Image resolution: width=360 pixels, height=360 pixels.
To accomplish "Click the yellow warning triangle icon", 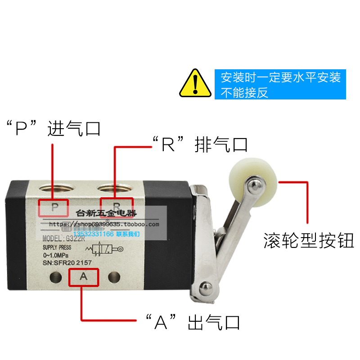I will coord(195,84).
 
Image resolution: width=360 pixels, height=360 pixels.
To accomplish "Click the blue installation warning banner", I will coord(280,84).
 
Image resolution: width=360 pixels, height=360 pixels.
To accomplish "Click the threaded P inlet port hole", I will coord(53,188).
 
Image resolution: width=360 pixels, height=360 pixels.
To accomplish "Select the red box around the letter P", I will coord(54,207).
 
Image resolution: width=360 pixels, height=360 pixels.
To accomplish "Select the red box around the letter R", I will coord(117,207).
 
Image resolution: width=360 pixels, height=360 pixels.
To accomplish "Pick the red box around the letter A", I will coord(83,277).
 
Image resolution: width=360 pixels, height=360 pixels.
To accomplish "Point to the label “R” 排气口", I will coord(199,145).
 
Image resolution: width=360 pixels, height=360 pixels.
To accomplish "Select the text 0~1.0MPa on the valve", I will coord(56,255).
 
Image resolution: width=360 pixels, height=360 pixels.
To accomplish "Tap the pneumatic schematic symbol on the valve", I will coord(108,248).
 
